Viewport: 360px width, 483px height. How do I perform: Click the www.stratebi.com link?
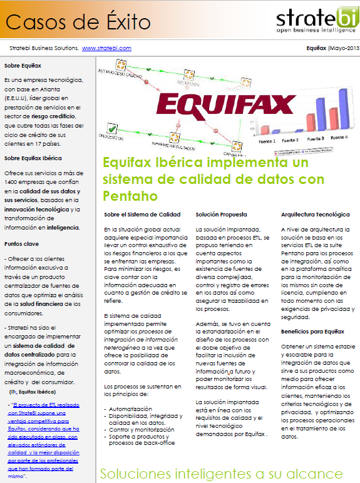click(106, 48)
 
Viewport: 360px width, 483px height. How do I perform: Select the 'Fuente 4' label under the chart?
click(339, 137)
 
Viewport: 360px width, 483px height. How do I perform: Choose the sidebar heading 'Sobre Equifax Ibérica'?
click(33, 158)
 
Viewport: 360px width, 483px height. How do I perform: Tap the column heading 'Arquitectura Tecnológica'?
click(316, 215)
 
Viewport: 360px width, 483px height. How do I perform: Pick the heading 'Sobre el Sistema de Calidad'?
click(142, 215)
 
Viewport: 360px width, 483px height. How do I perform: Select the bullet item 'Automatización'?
click(130, 409)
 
